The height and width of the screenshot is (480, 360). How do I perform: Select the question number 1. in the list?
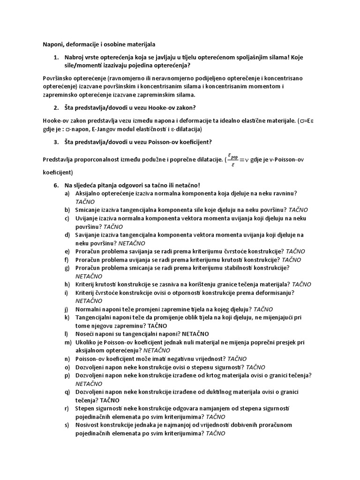pos(56,58)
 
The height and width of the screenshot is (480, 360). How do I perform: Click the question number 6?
pos(56,185)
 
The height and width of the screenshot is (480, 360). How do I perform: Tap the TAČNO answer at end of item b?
pos(298,210)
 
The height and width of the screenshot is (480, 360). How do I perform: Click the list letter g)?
pos(67,268)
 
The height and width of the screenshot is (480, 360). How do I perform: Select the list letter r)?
pos(67,408)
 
